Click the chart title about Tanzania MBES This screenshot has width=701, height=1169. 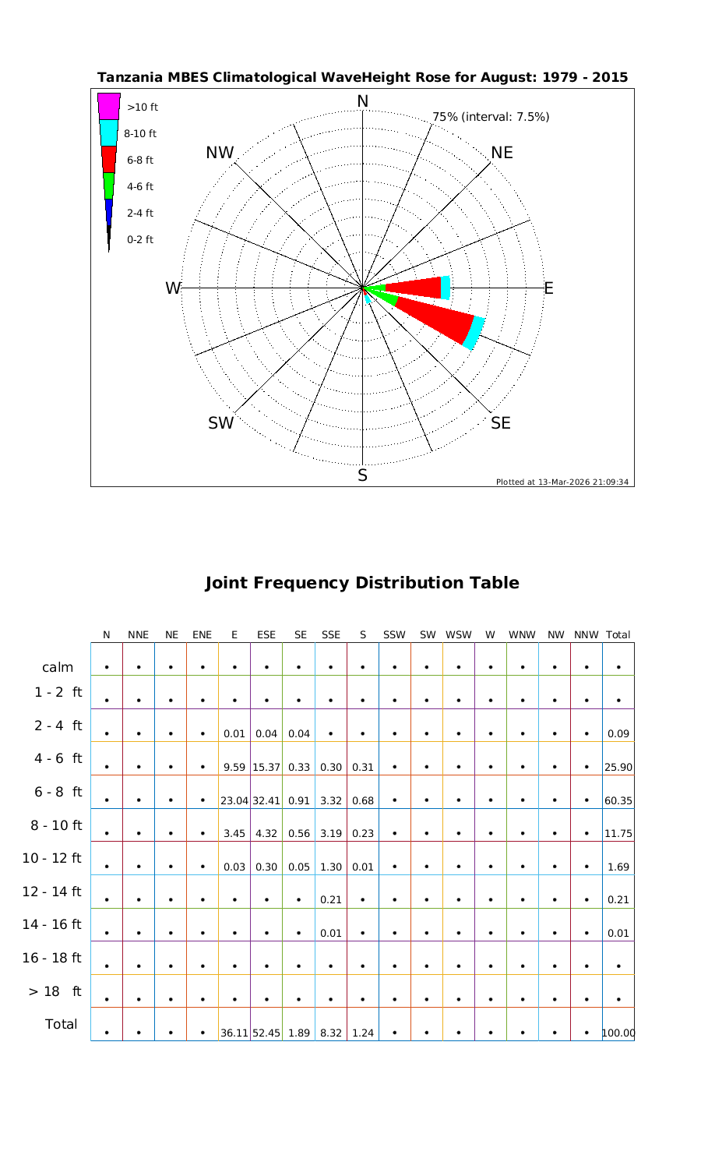point(362,78)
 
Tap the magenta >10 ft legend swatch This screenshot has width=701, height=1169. point(109,106)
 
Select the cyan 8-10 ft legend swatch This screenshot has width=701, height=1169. point(109,132)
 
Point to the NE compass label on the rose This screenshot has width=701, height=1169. point(502,153)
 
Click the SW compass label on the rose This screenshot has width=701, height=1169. point(221,423)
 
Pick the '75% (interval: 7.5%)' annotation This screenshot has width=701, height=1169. point(491,117)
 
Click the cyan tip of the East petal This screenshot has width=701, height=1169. point(446,288)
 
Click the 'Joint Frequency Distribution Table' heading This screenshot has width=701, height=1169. point(362,583)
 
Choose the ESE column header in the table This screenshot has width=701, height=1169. point(266,635)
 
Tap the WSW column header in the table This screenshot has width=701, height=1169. point(459,635)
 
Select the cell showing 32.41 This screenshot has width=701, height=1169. point(266,800)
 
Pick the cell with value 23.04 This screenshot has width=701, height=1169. point(234,800)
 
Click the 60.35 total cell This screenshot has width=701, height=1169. point(618,800)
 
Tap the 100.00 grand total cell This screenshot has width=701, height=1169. point(618,1033)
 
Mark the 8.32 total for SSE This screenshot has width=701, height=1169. point(331,1033)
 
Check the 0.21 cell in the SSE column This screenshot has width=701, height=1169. point(331,899)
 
